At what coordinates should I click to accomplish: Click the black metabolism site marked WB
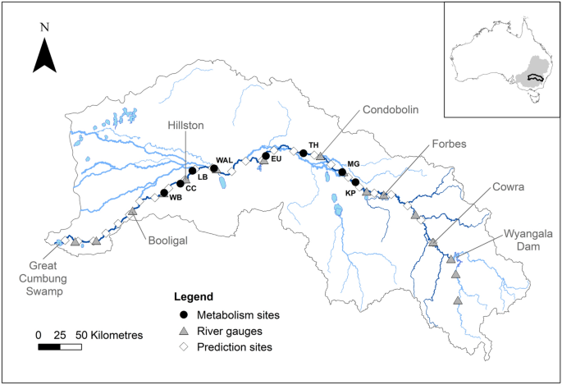(x=164, y=193)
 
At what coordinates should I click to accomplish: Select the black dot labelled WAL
(x=214, y=168)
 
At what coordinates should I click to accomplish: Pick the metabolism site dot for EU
(x=266, y=155)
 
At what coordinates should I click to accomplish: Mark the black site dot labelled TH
(x=304, y=153)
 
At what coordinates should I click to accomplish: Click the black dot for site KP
(x=355, y=182)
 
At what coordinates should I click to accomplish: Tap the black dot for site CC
(x=180, y=184)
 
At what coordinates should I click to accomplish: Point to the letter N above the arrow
(x=44, y=26)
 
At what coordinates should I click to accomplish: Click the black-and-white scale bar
(x=60, y=347)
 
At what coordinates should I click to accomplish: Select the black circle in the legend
(x=185, y=314)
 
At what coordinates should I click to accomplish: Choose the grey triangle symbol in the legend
(x=185, y=331)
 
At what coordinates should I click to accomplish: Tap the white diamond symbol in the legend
(x=185, y=347)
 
